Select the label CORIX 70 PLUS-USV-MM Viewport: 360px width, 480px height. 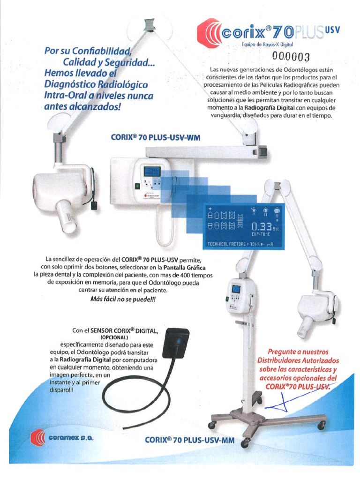pyautogui.click(x=189, y=440)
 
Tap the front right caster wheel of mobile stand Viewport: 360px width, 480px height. pyautogui.click(x=322, y=426)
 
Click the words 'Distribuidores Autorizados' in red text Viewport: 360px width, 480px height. pyautogui.click(x=298, y=360)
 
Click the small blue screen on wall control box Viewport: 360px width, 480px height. pyautogui.click(x=152, y=172)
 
